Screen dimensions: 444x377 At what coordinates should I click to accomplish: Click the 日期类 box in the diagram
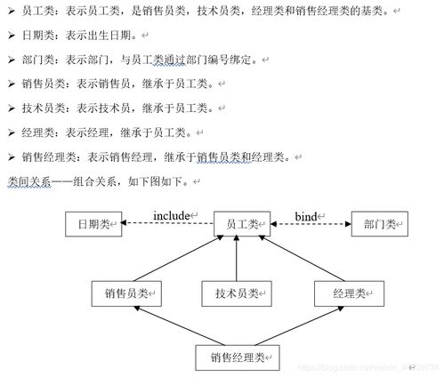coord(93,224)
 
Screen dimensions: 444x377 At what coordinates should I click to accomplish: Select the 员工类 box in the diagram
coord(242,224)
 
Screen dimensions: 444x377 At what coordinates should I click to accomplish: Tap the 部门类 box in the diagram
coord(380,224)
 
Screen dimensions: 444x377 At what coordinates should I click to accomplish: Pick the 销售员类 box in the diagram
coord(126,293)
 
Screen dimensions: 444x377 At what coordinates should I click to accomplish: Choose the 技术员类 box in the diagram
coord(237,293)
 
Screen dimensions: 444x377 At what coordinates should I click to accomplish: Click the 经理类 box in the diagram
coord(349,293)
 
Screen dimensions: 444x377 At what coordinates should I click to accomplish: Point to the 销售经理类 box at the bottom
coord(238,357)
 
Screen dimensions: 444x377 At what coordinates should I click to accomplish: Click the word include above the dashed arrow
coord(172,216)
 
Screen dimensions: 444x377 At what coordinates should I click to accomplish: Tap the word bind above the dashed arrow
coord(306,216)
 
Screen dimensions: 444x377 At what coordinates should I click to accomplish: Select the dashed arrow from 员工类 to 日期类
coord(167,223)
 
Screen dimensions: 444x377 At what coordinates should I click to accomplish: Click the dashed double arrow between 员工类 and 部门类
coord(311,224)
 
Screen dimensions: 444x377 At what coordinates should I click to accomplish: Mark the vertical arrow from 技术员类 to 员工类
coord(237,258)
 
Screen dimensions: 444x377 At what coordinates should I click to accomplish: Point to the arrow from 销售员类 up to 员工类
coord(179,258)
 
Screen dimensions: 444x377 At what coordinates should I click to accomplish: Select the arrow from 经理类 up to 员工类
coord(302,258)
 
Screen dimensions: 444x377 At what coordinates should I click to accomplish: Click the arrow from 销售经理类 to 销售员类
coord(180,325)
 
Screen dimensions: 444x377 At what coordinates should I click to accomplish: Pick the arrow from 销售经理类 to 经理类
coord(299,325)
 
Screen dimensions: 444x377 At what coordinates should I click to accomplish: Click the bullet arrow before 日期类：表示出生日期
coord(12,36)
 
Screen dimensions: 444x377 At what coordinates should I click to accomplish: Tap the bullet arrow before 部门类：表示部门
coord(12,60)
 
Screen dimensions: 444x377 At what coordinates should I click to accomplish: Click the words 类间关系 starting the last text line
coord(29,181)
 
